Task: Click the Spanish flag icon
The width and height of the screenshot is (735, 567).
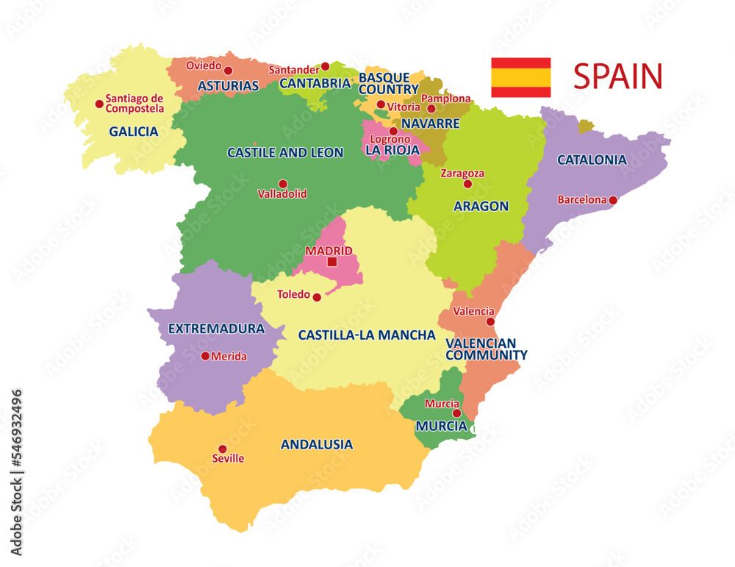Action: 520,77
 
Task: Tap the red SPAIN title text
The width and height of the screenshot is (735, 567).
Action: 617,76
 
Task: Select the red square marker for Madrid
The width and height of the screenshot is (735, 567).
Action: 331,262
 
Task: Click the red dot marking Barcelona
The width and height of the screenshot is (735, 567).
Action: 613,200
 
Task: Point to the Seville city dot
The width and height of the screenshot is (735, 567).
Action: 223,449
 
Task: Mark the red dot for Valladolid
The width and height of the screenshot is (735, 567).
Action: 282,184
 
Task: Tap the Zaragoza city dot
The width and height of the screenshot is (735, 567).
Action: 467,184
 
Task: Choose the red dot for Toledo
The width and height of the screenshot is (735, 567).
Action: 317,297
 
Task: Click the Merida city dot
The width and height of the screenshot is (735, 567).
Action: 205,356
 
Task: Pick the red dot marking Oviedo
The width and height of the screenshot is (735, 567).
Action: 228,71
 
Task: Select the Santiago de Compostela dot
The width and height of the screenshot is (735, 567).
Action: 99,104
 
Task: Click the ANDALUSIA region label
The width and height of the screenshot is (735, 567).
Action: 317,445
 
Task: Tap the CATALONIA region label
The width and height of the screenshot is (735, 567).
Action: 592,160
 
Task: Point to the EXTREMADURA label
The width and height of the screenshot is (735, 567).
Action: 216,329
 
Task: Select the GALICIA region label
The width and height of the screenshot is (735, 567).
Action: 134,132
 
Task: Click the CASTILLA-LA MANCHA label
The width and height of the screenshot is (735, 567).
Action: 367,335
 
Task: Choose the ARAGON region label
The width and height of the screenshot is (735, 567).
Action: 481,206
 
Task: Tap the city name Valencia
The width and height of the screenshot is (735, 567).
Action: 473,311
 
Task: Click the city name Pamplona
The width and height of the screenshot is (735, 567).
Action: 445,98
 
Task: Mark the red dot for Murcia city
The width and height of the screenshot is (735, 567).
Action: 456,413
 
